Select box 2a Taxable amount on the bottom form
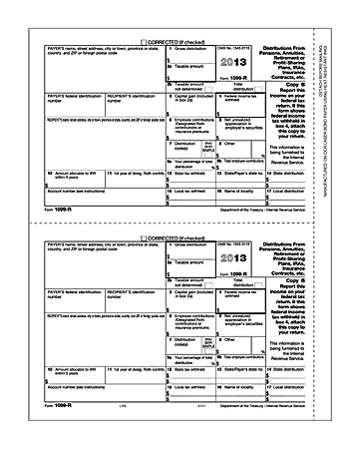pos(175,267)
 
